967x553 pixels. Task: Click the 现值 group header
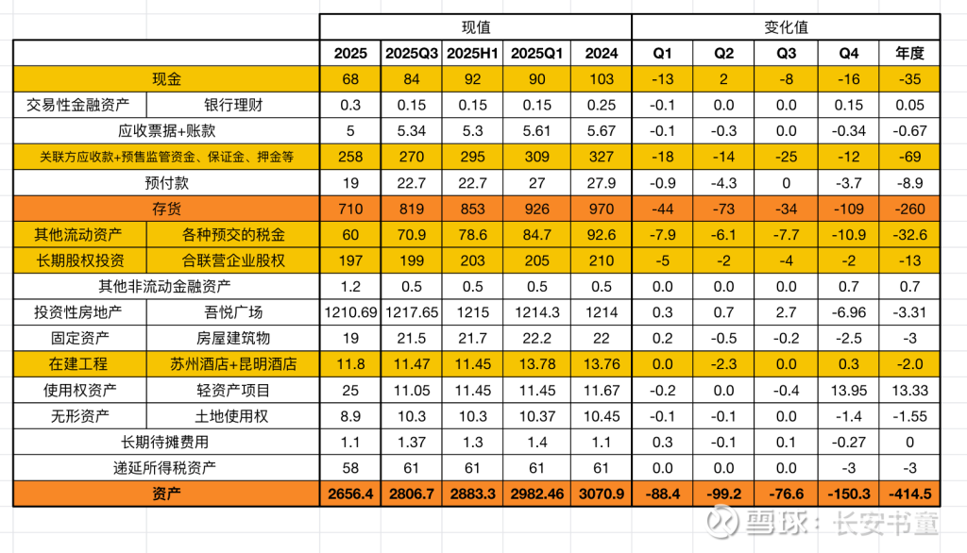click(x=475, y=28)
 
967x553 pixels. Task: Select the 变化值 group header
click(x=786, y=28)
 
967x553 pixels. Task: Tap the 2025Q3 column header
click(x=412, y=54)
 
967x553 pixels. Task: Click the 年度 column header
click(x=910, y=54)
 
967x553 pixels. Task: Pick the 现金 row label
click(x=166, y=79)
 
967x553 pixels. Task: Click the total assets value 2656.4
click(x=350, y=493)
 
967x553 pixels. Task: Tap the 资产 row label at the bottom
click(x=166, y=493)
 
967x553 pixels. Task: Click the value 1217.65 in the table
click(x=412, y=311)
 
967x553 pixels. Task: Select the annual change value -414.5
click(x=910, y=493)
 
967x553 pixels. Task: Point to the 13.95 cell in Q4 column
click(x=847, y=389)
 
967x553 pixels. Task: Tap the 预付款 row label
click(x=166, y=183)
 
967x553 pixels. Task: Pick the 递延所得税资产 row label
click(x=166, y=466)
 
